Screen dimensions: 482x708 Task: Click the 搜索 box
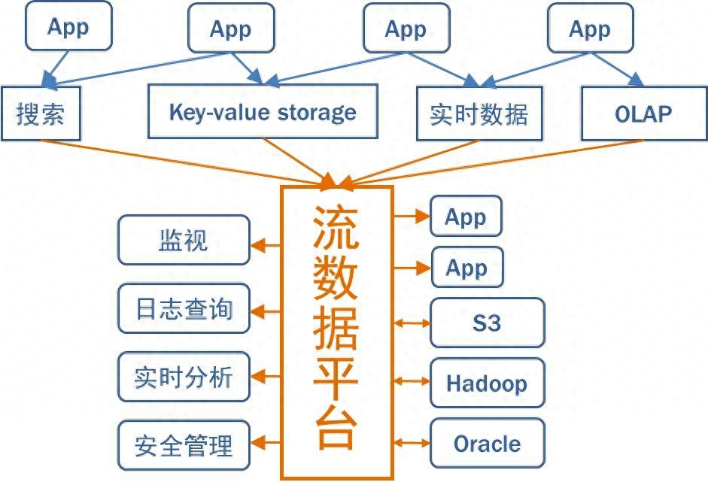(41, 114)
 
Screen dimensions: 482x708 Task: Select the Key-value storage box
(263, 112)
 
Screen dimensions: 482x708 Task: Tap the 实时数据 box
(479, 114)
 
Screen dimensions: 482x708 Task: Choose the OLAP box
(643, 114)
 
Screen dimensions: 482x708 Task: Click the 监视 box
(184, 241)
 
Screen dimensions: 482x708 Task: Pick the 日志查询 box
(184, 309)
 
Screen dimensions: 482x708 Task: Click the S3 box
(487, 323)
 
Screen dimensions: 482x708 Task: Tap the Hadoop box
(487, 383)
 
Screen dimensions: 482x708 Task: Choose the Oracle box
(487, 444)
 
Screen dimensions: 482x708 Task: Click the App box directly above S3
(466, 268)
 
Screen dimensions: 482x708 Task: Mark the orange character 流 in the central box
(336, 229)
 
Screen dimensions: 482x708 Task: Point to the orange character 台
(336, 429)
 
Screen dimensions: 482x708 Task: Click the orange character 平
(336, 380)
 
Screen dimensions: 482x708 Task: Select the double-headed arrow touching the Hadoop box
(412, 382)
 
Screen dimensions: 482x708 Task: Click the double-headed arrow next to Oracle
(412, 442)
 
